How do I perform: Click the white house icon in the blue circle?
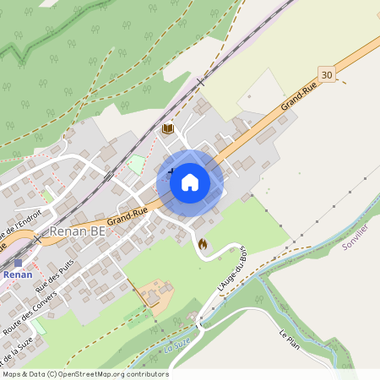pyautogui.click(x=190, y=182)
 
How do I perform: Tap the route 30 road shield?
pyautogui.click(x=327, y=75)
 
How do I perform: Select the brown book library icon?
pyautogui.click(x=167, y=128)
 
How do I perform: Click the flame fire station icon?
pyautogui.click(x=202, y=243)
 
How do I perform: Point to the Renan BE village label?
pyautogui.click(x=78, y=230)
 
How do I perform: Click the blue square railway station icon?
pyautogui.click(x=18, y=263)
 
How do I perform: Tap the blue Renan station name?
pyautogui.click(x=17, y=274)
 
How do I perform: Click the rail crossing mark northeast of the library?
pyautogui.click(x=200, y=82)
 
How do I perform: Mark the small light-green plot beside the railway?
pyautogui.click(x=136, y=164)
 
